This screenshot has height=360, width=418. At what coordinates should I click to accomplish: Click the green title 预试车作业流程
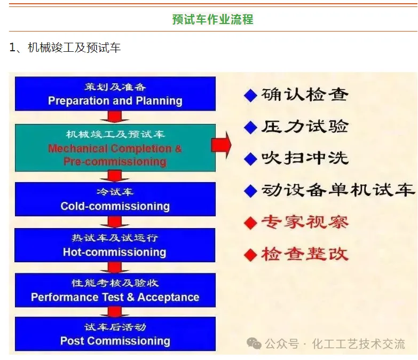pos(212,20)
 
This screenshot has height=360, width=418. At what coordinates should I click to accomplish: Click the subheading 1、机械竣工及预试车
pos(65,48)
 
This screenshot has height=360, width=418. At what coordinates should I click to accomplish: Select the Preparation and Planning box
pos(115,94)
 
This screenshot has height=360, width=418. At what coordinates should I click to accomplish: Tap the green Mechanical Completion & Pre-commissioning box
pos(115,147)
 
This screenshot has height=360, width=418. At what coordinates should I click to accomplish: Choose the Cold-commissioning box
pos(115,199)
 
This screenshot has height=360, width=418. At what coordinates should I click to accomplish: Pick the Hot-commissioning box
pos(115,245)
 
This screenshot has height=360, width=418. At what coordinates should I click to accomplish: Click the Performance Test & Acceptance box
pos(115,291)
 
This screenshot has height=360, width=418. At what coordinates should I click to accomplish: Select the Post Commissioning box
pos(115,334)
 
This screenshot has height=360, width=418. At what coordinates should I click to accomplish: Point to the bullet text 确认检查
pos(305,95)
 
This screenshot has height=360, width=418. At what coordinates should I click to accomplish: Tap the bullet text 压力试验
pos(305,127)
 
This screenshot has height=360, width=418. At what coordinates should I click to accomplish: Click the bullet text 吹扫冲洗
pos(305,159)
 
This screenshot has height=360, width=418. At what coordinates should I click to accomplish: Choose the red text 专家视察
pos(305,222)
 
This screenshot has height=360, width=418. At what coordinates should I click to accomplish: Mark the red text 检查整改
pos(305,254)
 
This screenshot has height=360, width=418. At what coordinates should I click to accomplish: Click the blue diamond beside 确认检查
pos(250,96)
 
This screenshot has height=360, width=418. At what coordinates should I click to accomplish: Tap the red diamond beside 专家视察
pos(250,223)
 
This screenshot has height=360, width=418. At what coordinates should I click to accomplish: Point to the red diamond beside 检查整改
pos(250,254)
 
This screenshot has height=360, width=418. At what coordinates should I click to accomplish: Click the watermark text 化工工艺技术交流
pos(358,343)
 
